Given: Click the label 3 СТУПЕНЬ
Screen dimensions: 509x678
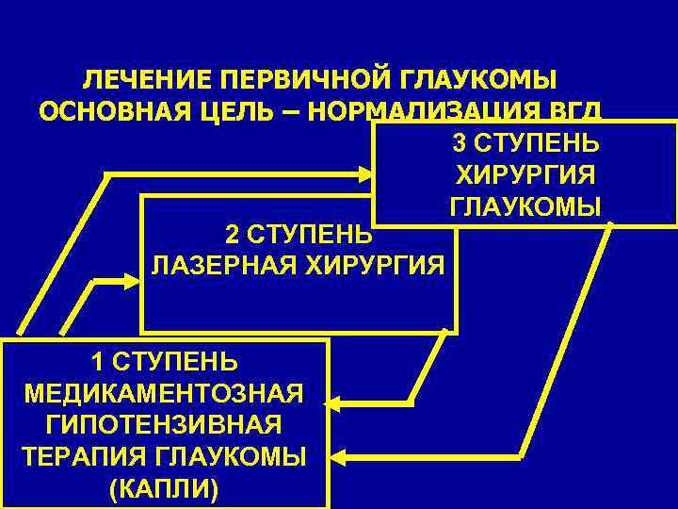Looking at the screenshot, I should coord(525,144).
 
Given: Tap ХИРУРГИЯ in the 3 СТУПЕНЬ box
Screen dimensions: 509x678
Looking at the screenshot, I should coord(525,175).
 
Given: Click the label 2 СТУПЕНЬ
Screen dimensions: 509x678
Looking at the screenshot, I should coord(299,233).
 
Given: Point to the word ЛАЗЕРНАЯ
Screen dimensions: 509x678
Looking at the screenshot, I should coord(220,265).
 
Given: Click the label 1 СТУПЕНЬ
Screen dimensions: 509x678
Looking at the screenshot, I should coord(165,361).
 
